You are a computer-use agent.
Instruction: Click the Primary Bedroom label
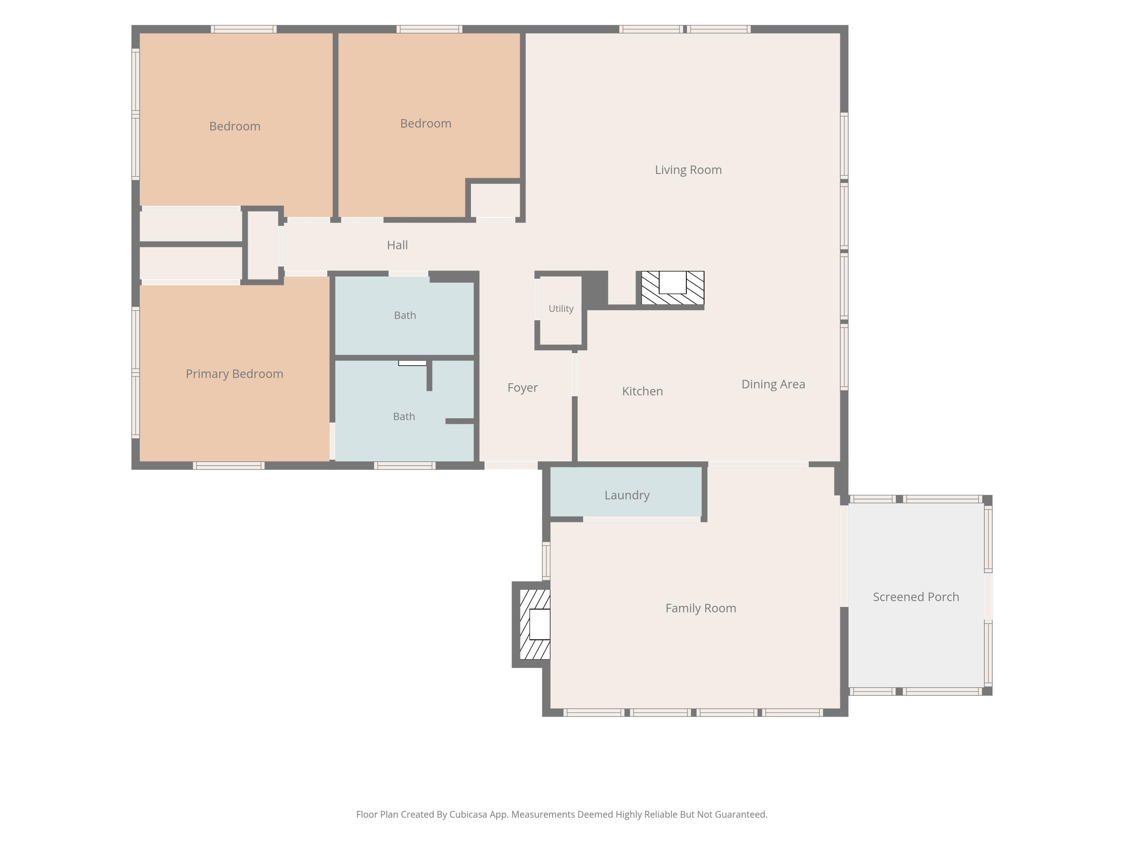(x=234, y=374)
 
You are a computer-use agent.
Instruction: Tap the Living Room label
(x=688, y=170)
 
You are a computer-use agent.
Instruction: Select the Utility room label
(x=561, y=309)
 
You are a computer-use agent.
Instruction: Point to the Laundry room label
(x=627, y=495)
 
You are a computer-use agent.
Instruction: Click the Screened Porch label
(x=916, y=597)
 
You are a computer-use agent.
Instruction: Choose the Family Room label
(x=701, y=608)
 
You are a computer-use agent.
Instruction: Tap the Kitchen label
(x=642, y=391)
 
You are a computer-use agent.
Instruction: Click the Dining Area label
(x=773, y=384)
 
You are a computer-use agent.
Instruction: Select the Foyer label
(x=522, y=388)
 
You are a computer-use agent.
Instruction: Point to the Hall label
(x=398, y=245)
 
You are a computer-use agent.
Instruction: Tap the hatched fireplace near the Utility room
(x=672, y=288)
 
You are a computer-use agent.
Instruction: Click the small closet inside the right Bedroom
(x=495, y=200)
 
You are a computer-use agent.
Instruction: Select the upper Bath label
(x=405, y=315)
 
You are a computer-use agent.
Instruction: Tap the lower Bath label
(x=404, y=417)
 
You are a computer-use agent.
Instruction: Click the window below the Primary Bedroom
(x=229, y=465)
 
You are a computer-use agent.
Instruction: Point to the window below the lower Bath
(x=405, y=465)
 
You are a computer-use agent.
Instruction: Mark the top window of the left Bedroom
(x=244, y=29)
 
